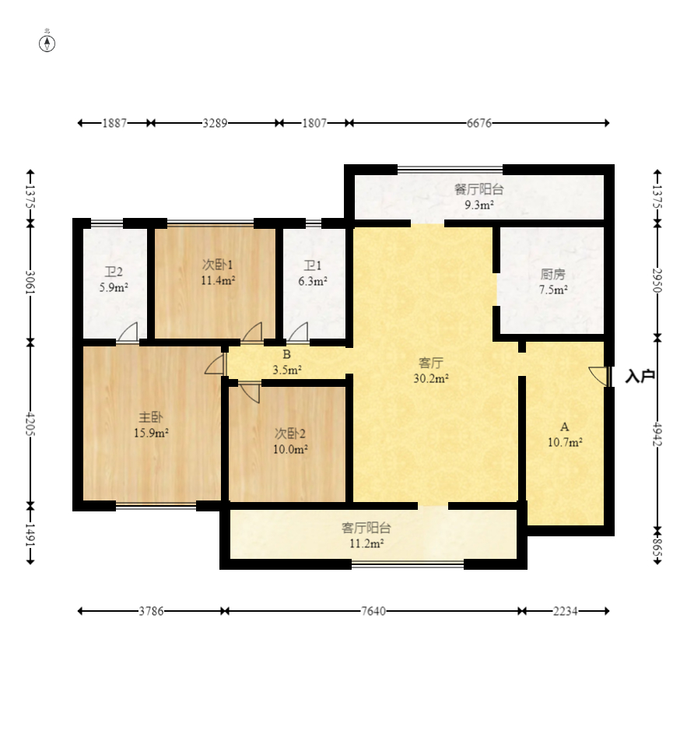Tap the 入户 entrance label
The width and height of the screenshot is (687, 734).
(640, 376)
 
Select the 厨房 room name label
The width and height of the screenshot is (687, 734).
(552, 274)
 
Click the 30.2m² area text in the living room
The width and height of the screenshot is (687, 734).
(431, 378)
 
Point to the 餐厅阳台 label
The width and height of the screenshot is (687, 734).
(479, 189)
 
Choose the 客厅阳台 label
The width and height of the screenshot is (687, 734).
(366, 528)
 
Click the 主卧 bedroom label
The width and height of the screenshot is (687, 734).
(151, 416)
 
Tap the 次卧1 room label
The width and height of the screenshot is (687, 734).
(218, 265)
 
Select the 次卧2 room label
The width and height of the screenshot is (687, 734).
(290, 434)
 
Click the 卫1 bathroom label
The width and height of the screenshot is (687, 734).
(313, 266)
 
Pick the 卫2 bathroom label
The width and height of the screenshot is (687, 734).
(114, 272)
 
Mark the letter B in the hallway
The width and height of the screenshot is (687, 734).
(287, 354)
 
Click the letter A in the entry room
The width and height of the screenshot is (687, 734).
(565, 427)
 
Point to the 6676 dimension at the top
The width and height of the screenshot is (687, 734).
(479, 123)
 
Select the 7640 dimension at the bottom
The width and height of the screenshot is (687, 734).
(373, 611)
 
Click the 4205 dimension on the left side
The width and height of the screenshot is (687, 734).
(30, 423)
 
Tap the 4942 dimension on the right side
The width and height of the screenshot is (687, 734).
(657, 434)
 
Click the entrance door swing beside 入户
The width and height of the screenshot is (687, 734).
(598, 376)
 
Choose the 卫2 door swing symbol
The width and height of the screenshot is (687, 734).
(128, 332)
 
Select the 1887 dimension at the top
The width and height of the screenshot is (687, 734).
(114, 123)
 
